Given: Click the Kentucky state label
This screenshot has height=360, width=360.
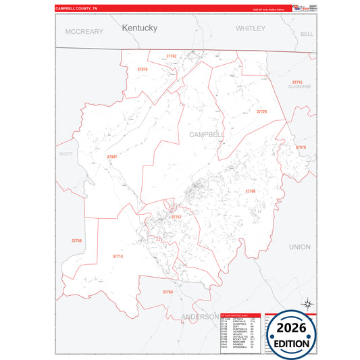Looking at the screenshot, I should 140,28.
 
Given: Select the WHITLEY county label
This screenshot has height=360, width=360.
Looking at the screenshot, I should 251,28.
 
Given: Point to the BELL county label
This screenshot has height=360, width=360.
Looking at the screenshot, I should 307,33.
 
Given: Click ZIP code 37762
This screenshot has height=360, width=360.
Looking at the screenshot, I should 171,56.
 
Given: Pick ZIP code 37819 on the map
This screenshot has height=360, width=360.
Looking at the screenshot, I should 142,70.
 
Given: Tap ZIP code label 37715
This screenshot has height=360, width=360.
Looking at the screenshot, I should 297,82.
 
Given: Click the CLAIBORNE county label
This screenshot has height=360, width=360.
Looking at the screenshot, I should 299,87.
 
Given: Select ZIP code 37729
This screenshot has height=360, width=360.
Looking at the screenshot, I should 261,111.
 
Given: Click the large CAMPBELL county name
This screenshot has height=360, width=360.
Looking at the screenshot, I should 207,134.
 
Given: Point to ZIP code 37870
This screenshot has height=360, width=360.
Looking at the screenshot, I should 301,147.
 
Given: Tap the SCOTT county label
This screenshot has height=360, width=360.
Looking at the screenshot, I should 66,154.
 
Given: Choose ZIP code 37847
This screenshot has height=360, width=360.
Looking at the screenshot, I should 111,157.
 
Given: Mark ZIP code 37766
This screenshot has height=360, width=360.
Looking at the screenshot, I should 251,192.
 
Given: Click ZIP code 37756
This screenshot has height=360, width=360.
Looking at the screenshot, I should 76,240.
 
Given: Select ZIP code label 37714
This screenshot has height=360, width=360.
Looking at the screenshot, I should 118,257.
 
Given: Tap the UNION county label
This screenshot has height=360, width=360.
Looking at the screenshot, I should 300,247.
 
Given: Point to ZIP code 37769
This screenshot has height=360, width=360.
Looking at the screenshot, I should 168,292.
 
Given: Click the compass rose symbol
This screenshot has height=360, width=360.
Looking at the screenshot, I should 307,305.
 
